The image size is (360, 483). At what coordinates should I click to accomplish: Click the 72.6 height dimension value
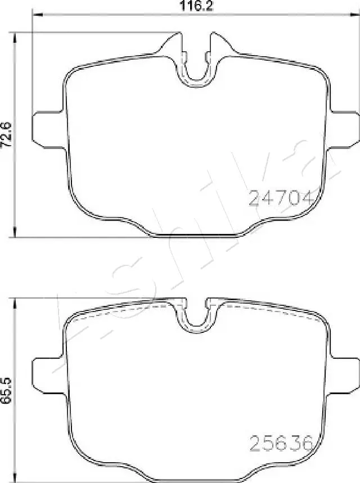(x=7, y=135)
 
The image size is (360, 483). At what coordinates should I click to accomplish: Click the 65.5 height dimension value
(x=7, y=389)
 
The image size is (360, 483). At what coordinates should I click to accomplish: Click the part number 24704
(x=280, y=197)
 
